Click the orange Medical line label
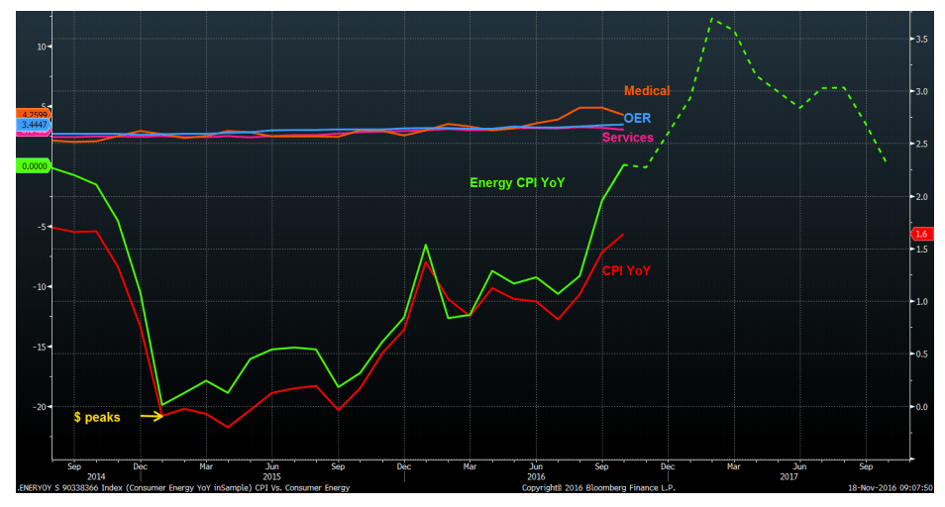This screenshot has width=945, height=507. pos(647,91)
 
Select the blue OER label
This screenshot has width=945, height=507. pos(637,118)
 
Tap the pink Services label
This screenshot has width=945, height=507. pos(628,138)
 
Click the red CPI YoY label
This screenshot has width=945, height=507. pos(626,270)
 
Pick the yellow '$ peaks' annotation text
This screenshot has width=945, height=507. pos(97,417)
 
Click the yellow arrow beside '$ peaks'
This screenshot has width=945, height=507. pos(151,416)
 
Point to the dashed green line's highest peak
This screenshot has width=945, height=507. pos(711,19)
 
